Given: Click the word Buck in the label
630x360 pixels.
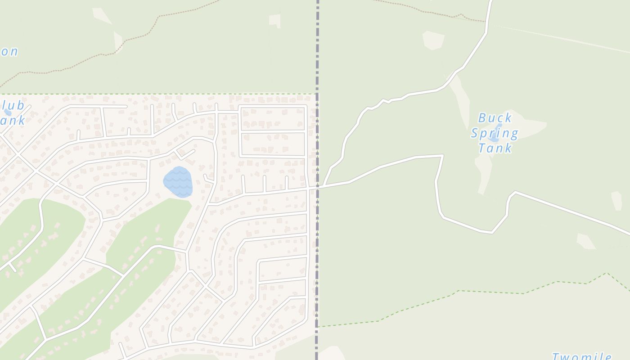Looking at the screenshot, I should (495, 118).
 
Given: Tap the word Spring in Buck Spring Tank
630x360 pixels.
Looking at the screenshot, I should (495, 133).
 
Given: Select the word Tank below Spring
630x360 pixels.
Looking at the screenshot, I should (495, 148).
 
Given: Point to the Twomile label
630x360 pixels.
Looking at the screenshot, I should (581, 356).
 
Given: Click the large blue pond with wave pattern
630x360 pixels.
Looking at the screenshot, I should (178, 182).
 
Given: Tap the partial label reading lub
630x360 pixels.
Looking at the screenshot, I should (13, 106).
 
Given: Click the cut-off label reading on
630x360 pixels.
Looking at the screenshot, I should (9, 52).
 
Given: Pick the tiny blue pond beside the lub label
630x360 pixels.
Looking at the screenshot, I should (7, 112).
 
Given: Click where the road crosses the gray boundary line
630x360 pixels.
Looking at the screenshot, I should (317, 187).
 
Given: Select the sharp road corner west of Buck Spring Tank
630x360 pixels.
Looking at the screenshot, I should (442, 156).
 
